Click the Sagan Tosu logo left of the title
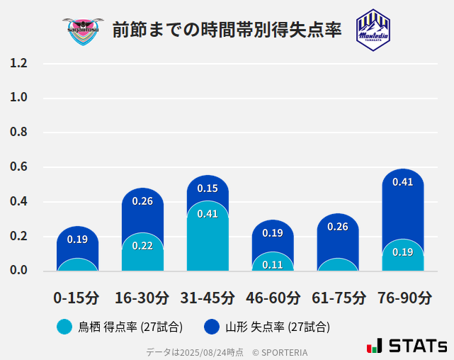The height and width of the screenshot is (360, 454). (x=83, y=30)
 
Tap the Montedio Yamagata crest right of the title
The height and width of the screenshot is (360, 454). (x=373, y=30)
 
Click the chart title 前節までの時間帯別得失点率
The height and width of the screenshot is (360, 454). (x=227, y=30)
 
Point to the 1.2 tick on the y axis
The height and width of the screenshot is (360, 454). (x=18, y=64)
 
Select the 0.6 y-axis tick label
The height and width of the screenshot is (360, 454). (x=18, y=167)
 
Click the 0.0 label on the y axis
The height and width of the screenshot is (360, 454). (x=18, y=271)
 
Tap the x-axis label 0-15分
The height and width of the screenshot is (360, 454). (x=77, y=298)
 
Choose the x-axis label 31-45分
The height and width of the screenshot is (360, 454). (x=208, y=298)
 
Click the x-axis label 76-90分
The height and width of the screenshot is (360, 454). (x=402, y=298)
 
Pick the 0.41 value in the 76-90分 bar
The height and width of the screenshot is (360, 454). (x=402, y=182)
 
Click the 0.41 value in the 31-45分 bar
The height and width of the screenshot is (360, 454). (x=208, y=214)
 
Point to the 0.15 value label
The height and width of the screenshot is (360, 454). (x=208, y=189)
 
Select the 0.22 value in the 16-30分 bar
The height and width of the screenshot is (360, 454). (x=142, y=246)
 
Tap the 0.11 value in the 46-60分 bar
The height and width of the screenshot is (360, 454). (x=273, y=265)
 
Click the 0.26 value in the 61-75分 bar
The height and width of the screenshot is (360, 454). (x=338, y=227)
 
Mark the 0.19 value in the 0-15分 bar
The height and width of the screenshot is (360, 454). (x=77, y=240)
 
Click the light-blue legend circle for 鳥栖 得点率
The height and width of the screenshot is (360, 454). (x=64, y=327)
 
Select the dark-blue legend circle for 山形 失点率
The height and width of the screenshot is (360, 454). (x=211, y=327)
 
